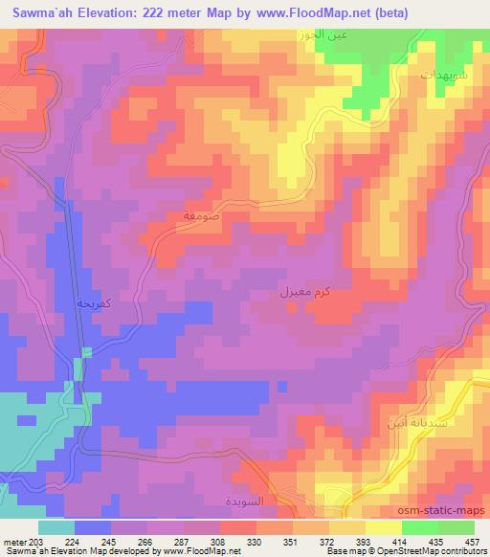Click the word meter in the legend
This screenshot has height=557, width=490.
14,541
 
